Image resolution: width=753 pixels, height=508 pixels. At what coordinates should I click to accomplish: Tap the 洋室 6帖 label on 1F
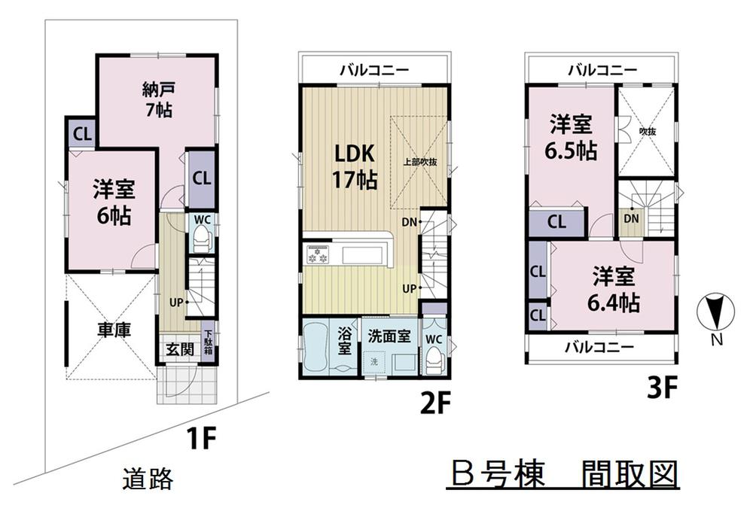[x=114, y=202]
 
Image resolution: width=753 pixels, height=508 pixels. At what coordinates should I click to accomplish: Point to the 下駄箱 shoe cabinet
[x=208, y=343]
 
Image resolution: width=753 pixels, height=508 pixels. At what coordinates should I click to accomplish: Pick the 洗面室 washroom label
[x=389, y=336]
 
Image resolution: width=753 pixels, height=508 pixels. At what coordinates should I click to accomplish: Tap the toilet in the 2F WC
[x=434, y=360]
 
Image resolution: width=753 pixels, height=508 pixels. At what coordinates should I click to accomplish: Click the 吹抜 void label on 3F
[x=647, y=132]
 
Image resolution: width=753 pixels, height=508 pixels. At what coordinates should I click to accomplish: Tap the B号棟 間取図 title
[x=562, y=474]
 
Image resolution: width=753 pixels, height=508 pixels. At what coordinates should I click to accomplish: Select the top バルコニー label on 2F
[x=374, y=70]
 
